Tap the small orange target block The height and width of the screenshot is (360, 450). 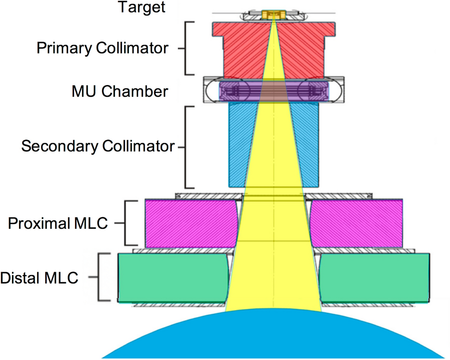pyautogui.click(x=269, y=15)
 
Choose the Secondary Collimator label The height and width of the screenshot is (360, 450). pyautogui.click(x=98, y=147)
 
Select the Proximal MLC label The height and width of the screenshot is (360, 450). pyautogui.click(x=58, y=223)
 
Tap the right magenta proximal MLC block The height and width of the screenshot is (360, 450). pyautogui.click(x=356, y=223)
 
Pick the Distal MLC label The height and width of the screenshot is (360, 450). pyautogui.click(x=39, y=279)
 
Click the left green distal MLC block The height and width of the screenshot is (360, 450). pyautogui.click(x=172, y=277)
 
